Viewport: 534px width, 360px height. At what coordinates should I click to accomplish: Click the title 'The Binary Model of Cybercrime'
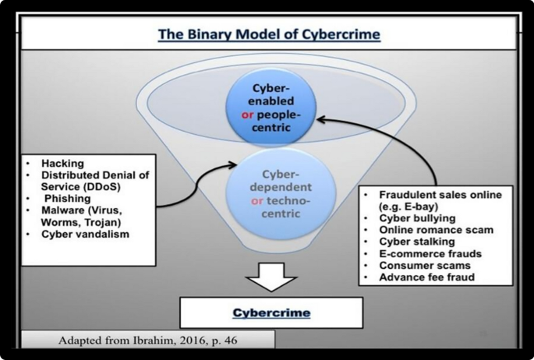[269, 35]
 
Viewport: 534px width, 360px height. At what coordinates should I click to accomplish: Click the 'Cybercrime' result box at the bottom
[272, 312]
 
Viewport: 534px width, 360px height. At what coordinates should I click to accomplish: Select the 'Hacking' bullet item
[58, 164]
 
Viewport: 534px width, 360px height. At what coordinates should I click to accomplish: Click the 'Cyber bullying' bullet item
[414, 218]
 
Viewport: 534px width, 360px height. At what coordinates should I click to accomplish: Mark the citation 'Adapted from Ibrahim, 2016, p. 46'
[148, 341]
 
